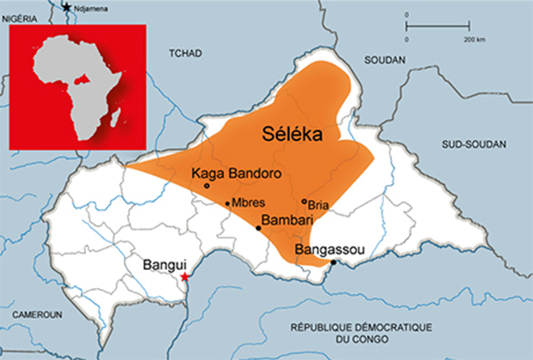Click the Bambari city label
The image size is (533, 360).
[x=285, y=220]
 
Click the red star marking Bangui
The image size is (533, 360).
[x=185, y=277]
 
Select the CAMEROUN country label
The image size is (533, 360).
[x=36, y=315]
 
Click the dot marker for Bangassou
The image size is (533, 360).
[x=334, y=263]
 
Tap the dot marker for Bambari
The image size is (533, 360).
[x=259, y=228]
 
